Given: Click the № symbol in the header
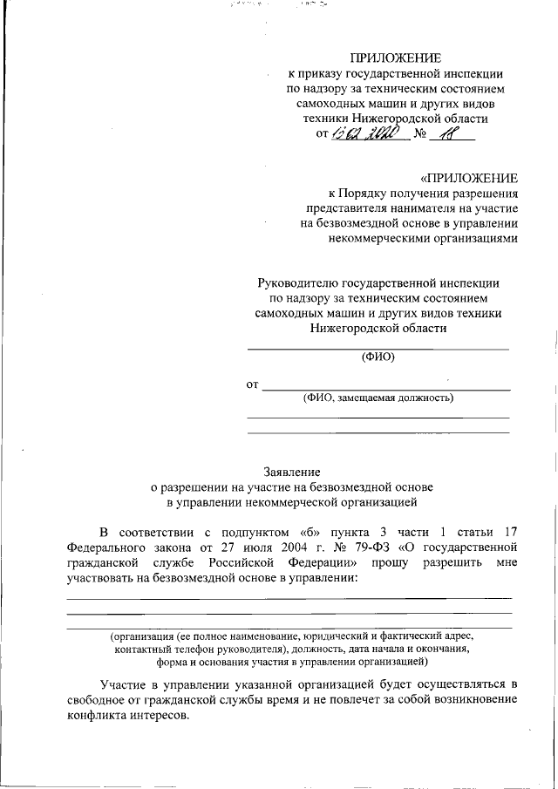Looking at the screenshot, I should click(420, 135).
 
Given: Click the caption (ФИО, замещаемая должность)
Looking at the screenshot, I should click(378, 398).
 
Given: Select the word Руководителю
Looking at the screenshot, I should click(296, 282).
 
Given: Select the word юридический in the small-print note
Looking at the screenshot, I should click(337, 636).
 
